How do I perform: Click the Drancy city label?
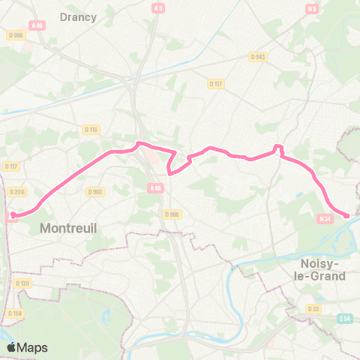tap(78, 16)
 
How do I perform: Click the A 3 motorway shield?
tap(157, 8)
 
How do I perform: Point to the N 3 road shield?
tap(311, 8)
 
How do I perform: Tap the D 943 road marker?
tap(258, 56)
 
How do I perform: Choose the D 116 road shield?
tap(91, 130)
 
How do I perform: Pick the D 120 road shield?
tap(22, 283)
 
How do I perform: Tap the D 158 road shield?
tap(15, 313)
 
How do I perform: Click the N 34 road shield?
tap(325, 218)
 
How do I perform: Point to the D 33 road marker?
tap(312, 308)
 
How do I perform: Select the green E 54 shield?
tap(344, 319)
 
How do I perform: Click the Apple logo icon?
tap(11, 347)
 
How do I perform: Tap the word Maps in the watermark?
tap(32, 347)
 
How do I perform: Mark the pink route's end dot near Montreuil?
tap(12, 215)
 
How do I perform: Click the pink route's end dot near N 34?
tap(347, 216)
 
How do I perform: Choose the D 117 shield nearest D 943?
tap(217, 83)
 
